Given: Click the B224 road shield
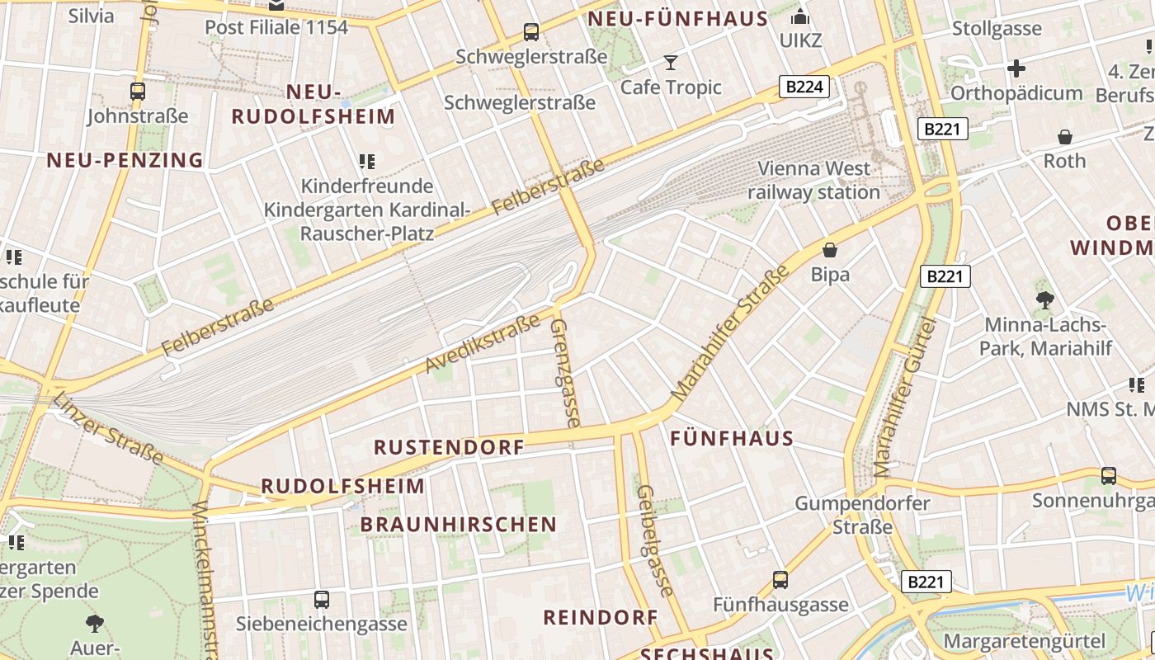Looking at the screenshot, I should [x=804, y=87].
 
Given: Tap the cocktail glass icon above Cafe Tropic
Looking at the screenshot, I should [x=670, y=62].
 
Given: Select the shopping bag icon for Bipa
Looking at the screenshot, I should [x=830, y=249].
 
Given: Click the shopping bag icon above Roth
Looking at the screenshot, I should [x=1065, y=136].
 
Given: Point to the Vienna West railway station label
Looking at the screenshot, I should [x=814, y=181].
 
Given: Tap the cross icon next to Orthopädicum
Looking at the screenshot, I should [x=1016, y=68].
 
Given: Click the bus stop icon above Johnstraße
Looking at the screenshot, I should [x=138, y=91].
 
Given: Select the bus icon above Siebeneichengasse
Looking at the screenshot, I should [x=322, y=599].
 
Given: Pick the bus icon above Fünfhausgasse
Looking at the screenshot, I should [x=780, y=580].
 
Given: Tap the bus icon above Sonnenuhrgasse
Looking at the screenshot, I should [x=1109, y=476].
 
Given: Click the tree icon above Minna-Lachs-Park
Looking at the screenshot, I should [x=1045, y=299].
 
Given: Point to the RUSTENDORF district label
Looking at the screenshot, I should [x=449, y=447].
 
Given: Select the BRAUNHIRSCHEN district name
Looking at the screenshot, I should [x=459, y=524].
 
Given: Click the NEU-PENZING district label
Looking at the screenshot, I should [x=125, y=160].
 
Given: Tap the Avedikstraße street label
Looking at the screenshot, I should [x=483, y=342].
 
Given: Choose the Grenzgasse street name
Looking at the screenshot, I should [x=565, y=372].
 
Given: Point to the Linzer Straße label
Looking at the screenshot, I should [x=108, y=428].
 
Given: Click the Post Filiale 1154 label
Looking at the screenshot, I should [x=276, y=27].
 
